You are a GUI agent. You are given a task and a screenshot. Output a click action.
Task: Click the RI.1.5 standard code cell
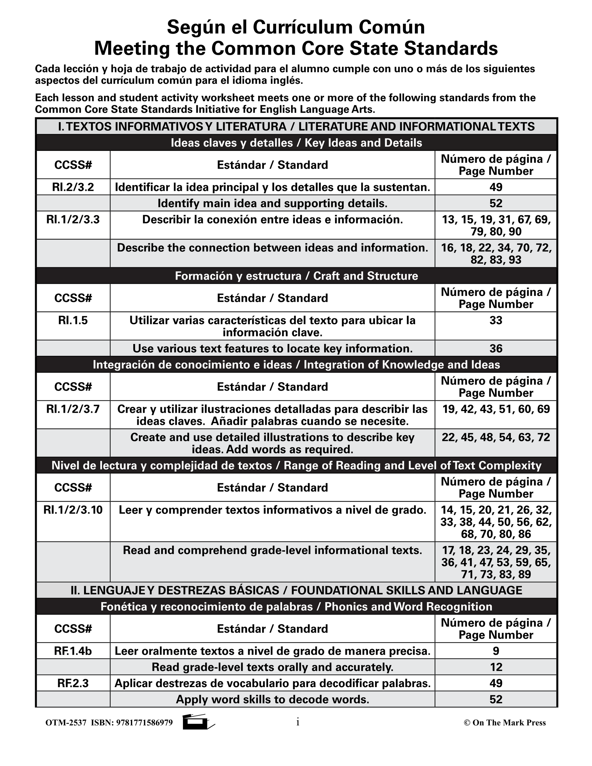click(73, 321)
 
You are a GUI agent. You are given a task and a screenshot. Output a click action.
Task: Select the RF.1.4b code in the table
click(73, 651)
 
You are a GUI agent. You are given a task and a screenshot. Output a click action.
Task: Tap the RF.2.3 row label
click(73, 683)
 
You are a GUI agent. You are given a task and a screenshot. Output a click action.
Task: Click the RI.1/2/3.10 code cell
click(73, 510)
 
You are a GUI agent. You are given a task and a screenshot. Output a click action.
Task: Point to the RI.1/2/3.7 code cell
click(73, 409)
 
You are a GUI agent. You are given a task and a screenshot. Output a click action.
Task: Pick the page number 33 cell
click(495, 321)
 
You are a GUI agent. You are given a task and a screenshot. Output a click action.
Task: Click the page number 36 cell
click(495, 349)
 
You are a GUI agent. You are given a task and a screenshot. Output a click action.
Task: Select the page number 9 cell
click(495, 651)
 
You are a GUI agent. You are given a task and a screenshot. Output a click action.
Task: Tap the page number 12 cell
click(495, 667)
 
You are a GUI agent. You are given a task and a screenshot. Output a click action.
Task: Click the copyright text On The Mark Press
click(508, 723)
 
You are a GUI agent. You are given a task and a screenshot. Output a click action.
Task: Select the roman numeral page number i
click(297, 722)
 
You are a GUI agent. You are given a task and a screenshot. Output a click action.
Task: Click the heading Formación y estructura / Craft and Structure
click(296, 276)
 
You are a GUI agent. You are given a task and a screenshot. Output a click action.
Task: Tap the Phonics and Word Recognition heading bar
click(296, 607)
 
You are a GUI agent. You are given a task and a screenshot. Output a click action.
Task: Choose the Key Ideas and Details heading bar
click(296, 143)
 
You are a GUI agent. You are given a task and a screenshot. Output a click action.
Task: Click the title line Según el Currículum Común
click(296, 27)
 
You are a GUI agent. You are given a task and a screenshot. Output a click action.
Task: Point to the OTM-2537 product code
click(66, 723)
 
